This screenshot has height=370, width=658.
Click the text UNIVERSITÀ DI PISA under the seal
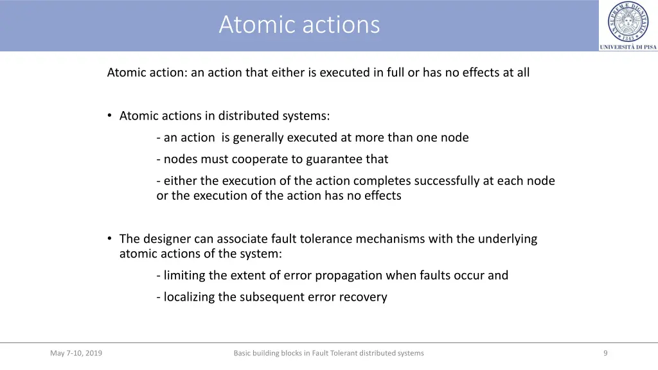628,47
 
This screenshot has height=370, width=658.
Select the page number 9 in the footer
605,353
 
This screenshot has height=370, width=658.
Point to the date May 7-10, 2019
76,353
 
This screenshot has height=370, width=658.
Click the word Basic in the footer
243,353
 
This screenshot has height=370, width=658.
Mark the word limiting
184,275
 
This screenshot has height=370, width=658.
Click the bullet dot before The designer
111,238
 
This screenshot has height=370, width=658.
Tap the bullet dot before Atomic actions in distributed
111,115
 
